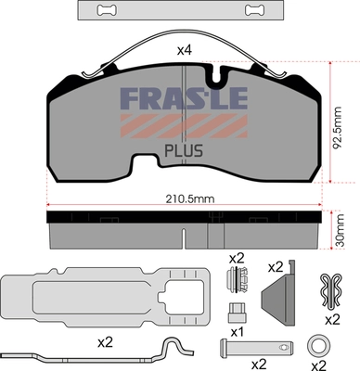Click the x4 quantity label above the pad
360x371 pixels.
pyautogui.click(x=185, y=50)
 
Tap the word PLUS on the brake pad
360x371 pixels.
pyautogui.click(x=184, y=150)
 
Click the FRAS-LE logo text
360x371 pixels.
pyautogui.click(x=184, y=98)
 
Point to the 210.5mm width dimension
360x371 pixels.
pyautogui.click(x=190, y=198)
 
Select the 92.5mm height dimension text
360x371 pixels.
pyautogui.click(x=338, y=128)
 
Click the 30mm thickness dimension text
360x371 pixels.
pyautogui.click(x=340, y=229)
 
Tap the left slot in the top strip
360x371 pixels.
pyautogui.click(x=108, y=10)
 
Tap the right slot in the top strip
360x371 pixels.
pyautogui.click(x=254, y=10)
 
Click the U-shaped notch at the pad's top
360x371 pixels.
pyautogui.click(x=217, y=75)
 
